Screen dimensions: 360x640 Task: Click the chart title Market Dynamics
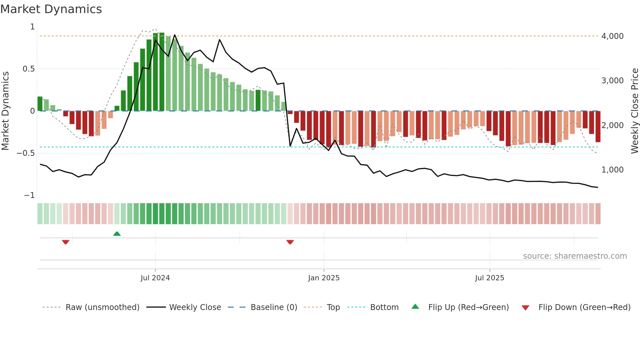[51, 9]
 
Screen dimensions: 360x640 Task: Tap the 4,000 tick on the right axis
[612, 36]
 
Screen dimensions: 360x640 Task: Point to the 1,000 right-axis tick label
[612, 170]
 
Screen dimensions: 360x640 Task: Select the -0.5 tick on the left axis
[26, 153]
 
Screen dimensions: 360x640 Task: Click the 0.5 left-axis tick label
[28, 69]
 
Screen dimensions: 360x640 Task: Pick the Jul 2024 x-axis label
[155, 278]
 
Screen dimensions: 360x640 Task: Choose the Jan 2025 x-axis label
[324, 278]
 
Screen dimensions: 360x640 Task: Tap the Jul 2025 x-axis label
[489, 278]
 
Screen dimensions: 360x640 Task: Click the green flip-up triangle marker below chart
[117, 234]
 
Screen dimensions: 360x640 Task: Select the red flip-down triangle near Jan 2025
[290, 242]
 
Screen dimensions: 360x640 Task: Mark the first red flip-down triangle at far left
[66, 242]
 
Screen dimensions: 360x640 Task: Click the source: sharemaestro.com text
[575, 256]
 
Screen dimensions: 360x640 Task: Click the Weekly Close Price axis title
[634, 111]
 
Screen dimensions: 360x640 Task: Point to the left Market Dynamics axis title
[5, 111]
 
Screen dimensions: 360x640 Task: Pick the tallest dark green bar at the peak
[162, 72]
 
